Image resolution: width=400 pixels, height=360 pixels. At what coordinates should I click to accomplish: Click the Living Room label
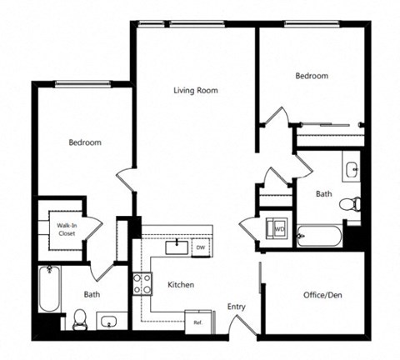coord(196,90)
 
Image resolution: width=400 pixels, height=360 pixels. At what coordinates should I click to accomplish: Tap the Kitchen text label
coord(181,285)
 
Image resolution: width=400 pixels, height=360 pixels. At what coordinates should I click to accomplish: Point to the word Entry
coord(237,307)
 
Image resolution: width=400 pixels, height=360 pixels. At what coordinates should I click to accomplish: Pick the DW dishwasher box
coord(200,247)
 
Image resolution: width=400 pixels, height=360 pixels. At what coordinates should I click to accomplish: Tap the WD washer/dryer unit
coord(279,228)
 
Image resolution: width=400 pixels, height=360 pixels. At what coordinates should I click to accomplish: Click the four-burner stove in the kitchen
coord(142,284)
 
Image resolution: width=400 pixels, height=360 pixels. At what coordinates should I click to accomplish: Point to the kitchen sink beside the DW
coord(176,247)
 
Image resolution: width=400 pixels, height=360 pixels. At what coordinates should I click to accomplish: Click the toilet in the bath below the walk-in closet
coord(81,317)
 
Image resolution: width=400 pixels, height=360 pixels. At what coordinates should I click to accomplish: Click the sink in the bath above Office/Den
coord(352,170)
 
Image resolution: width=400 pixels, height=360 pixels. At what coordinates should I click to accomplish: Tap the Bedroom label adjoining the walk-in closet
coord(85,142)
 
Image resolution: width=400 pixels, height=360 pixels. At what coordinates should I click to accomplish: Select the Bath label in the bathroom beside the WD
coord(323,194)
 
